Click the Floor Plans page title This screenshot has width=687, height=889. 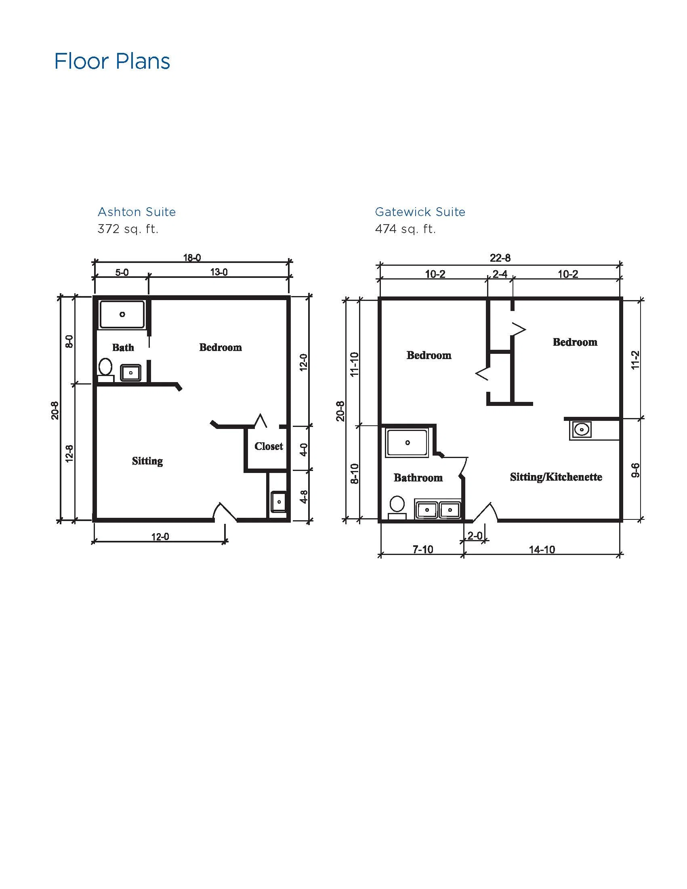coord(112,61)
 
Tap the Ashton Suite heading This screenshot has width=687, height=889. coord(137,212)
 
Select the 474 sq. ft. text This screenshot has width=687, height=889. coord(405,229)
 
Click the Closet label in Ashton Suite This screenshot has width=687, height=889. coord(269,446)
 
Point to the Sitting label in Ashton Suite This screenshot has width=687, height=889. coord(147,461)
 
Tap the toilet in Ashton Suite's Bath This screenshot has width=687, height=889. coord(106,370)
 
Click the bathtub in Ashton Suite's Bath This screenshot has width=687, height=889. coord(122,314)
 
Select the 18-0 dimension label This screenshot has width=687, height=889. coord(192,258)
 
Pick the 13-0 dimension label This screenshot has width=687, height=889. coord(219,272)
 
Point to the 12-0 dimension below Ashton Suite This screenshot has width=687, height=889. coord(160,537)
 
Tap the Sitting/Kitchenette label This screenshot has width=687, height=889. coord(556,477)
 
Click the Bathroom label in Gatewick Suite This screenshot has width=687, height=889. coord(418,477)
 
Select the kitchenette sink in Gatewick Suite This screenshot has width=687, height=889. coord(582,429)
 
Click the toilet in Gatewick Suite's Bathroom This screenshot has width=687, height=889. coord(397,508)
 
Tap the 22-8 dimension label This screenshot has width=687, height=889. coord(500,258)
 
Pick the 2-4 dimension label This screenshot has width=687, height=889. coord(500,274)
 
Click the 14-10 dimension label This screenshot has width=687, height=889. coord(542,550)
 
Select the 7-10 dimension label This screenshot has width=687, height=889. coord(423,550)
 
